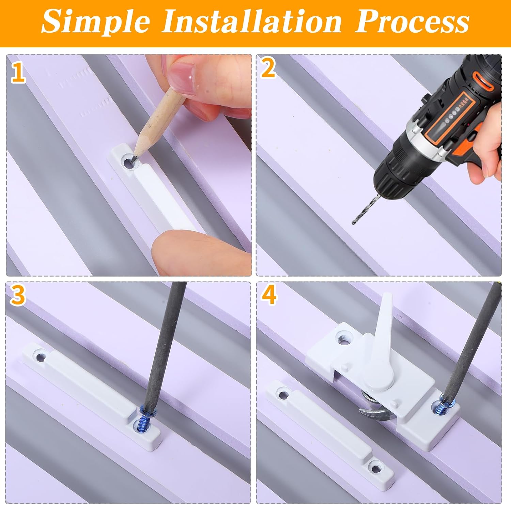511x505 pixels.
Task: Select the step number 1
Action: click(x=18, y=72)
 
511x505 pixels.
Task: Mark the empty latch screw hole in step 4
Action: click(x=343, y=337)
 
